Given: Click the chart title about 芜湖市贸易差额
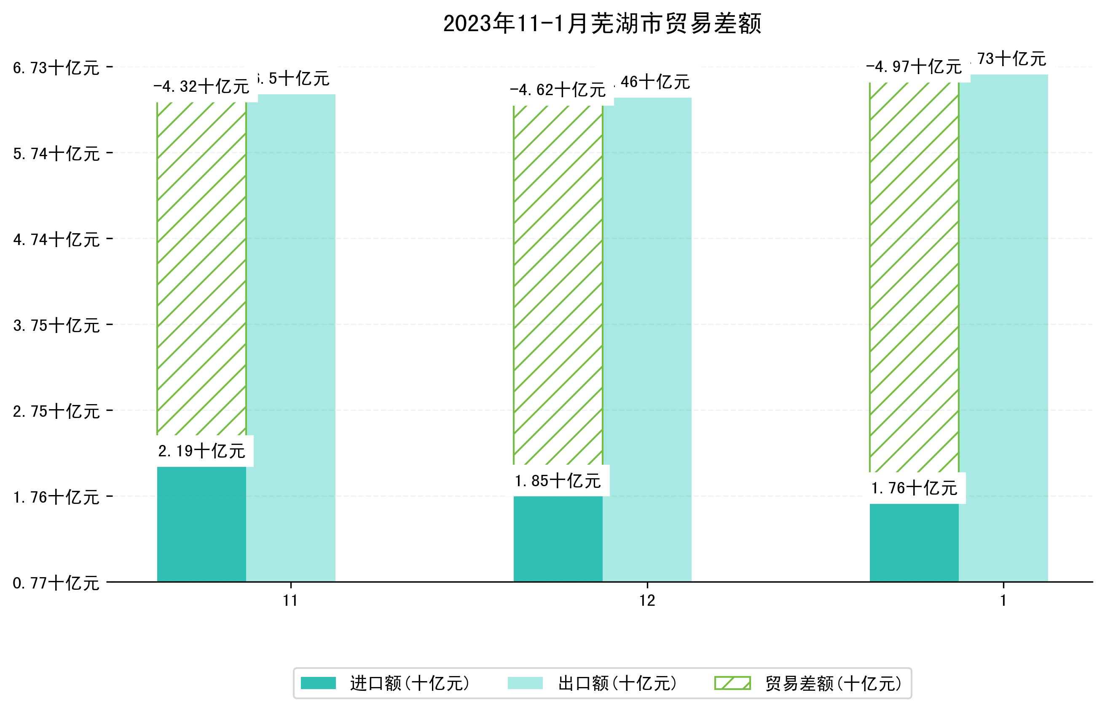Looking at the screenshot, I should click(602, 24).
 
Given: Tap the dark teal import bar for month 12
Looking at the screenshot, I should click(558, 539).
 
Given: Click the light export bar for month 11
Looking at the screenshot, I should click(291, 337).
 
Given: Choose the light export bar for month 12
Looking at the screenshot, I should click(647, 339).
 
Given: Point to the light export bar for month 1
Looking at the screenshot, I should click(1003, 328).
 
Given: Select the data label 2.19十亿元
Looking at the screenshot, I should click(201, 451).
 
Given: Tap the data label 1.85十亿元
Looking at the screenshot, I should click(558, 481).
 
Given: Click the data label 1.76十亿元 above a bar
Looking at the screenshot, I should click(914, 488).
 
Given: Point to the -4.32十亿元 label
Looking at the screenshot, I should click(201, 86).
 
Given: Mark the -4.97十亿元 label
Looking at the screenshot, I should click(914, 67).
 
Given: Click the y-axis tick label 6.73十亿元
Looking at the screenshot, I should click(56, 68).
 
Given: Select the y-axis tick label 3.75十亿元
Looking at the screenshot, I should click(56, 325).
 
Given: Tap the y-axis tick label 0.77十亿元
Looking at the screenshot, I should click(56, 583).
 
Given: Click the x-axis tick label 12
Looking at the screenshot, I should click(647, 601).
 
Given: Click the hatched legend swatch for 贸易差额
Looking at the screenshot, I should click(732, 683).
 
